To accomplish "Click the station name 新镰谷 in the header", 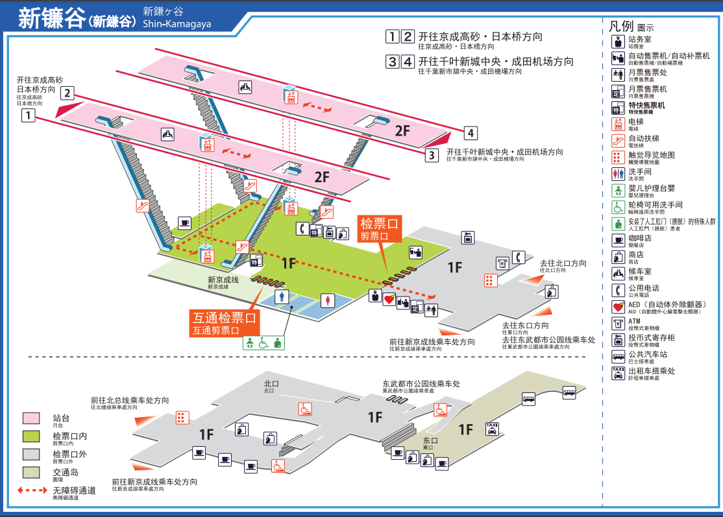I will tap(52, 18).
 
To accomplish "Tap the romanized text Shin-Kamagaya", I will tap(177, 24).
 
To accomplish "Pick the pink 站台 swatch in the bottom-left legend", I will tap(31, 418).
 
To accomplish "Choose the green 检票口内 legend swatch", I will tap(31, 436).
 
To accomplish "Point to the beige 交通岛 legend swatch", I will tap(31, 472).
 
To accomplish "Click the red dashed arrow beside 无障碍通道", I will tap(31, 490).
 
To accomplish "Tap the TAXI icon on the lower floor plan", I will tap(493, 427).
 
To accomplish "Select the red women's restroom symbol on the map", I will tap(327, 300).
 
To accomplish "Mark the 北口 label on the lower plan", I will tap(271, 384).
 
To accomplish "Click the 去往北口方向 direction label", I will tap(563, 263).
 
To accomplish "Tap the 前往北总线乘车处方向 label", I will tap(130, 400).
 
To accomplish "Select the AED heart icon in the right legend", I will tap(618, 306).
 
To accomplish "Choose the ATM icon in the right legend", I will tap(618, 323).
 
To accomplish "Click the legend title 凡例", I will tap(620, 27).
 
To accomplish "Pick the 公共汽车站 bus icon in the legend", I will tap(618, 356).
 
